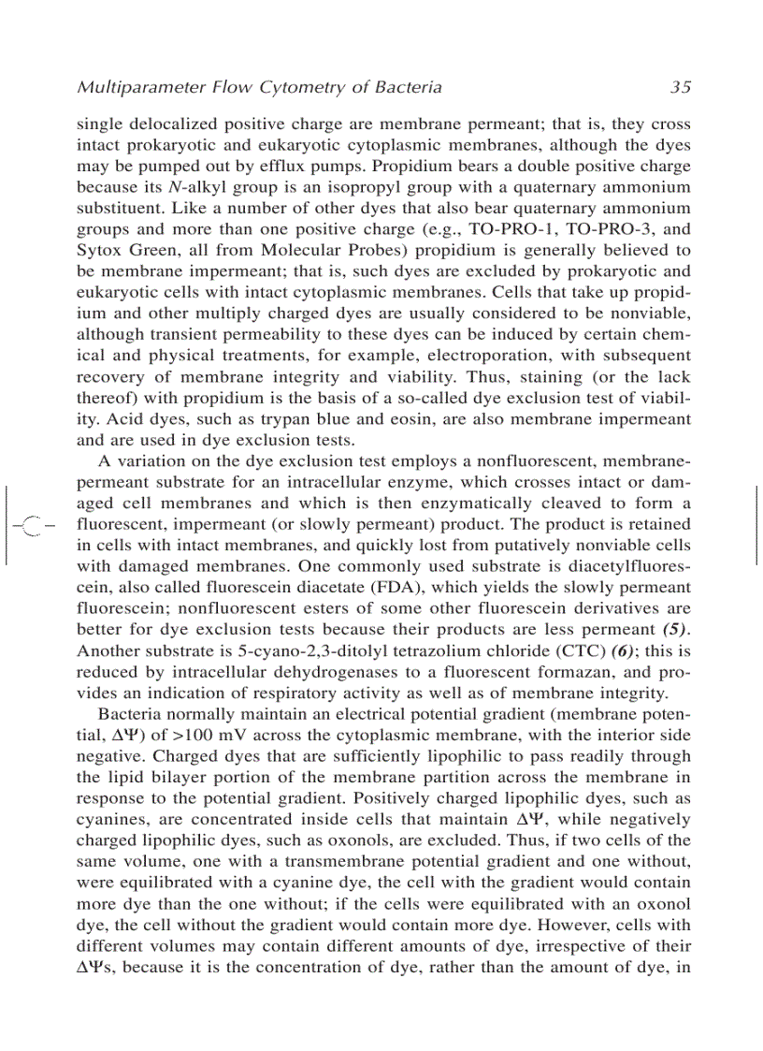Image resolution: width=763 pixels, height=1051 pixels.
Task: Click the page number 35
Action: pyautogui.click(x=680, y=87)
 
